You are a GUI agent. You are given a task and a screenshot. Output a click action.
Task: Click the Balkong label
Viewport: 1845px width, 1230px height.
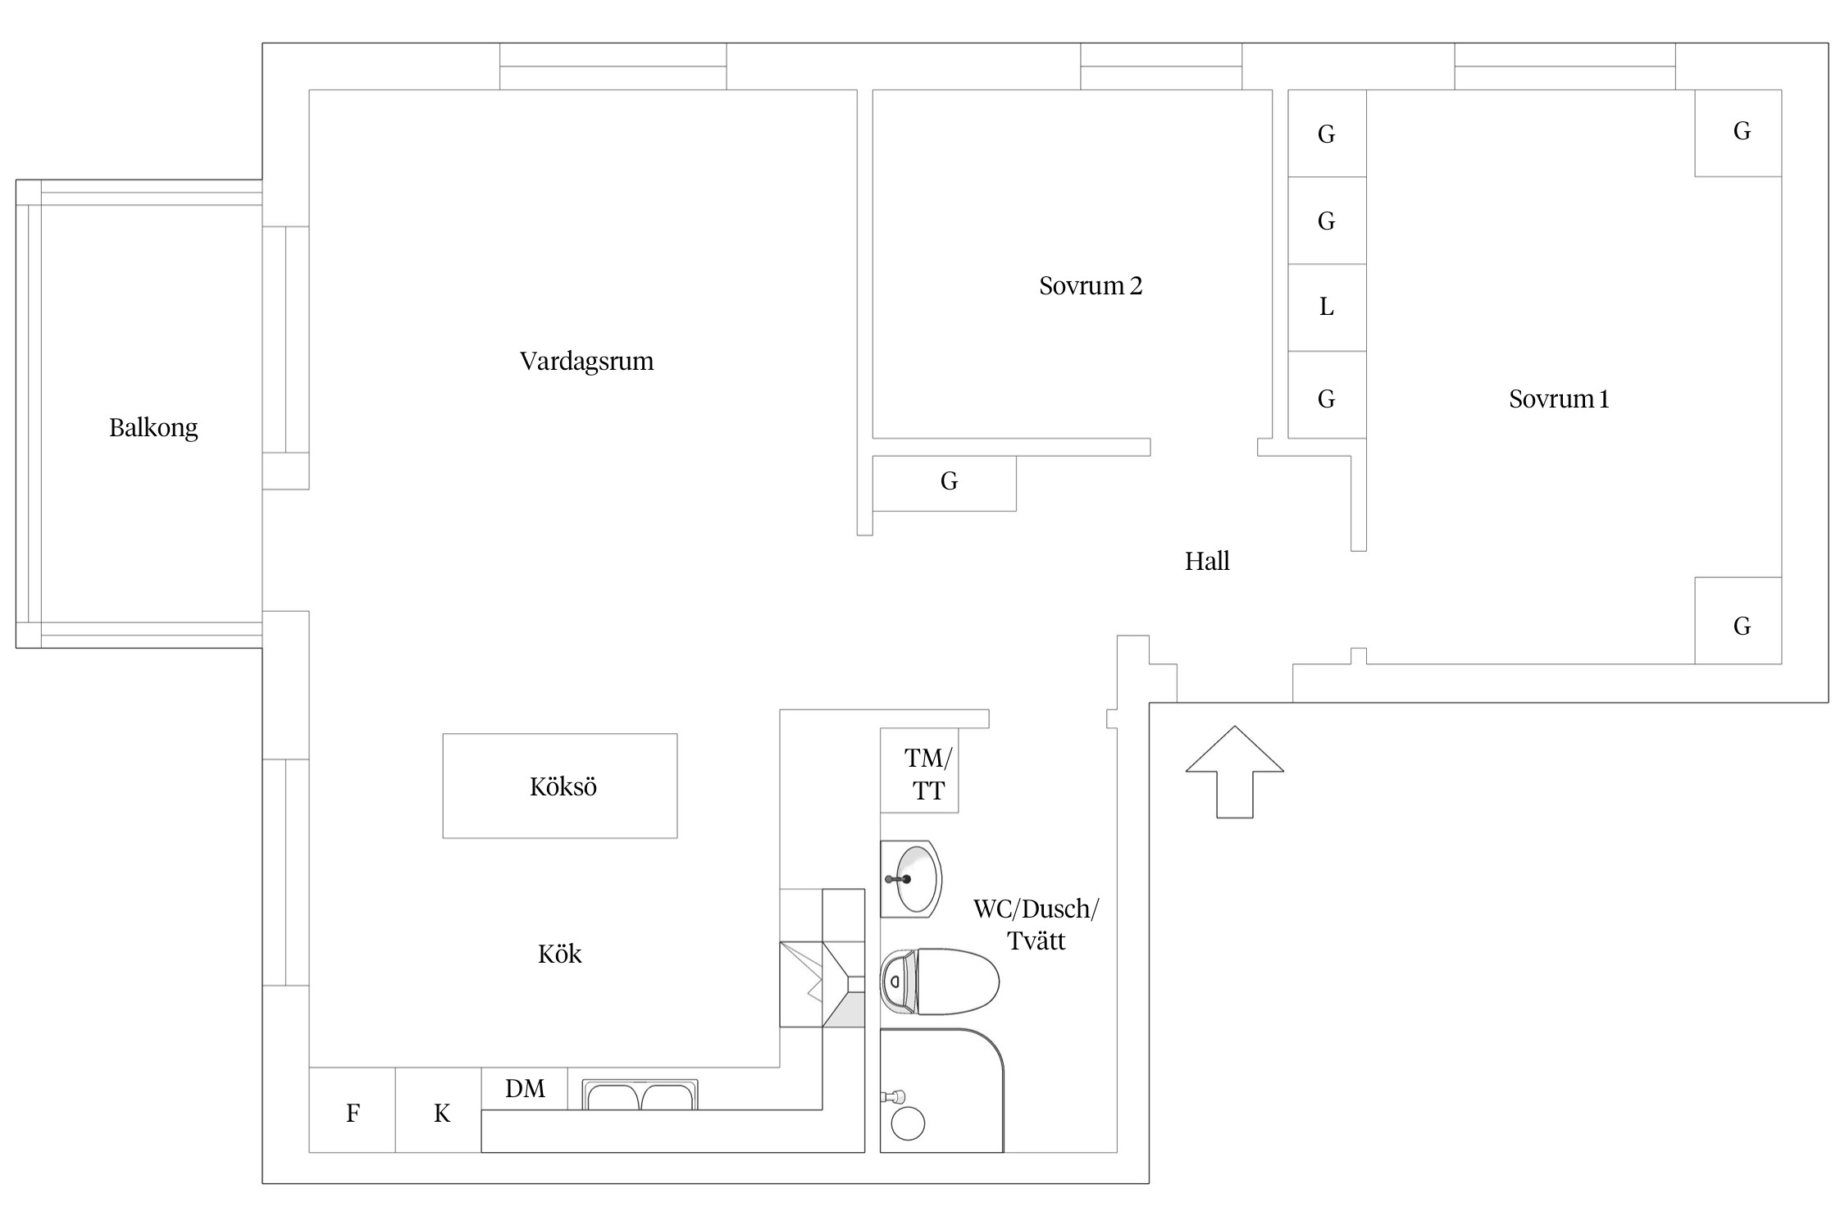point(153,428)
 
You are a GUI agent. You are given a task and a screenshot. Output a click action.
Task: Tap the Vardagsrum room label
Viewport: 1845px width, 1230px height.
point(587,362)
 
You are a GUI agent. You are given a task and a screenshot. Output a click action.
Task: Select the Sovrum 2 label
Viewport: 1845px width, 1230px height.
point(1091,286)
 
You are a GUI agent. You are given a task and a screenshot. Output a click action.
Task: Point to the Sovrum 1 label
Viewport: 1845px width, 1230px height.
point(1559,399)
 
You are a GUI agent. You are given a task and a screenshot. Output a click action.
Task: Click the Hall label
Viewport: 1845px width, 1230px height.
point(1207,562)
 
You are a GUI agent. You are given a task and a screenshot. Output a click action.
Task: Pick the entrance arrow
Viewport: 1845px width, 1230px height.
point(1235,772)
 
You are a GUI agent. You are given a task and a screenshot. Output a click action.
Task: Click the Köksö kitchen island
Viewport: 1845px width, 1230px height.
point(560,786)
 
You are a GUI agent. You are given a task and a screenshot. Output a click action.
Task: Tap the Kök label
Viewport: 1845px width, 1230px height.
point(560,954)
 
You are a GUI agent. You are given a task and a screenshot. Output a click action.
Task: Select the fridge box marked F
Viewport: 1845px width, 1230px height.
point(353,1110)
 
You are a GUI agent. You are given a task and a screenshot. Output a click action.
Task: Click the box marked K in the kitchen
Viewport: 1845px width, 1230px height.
point(439,1110)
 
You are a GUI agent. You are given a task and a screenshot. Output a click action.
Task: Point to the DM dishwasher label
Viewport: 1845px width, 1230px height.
point(525,1089)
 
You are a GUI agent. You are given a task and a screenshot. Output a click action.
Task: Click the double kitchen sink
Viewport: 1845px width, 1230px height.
point(640,1095)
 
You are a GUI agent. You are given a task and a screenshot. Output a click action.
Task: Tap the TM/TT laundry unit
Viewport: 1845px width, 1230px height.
point(919,771)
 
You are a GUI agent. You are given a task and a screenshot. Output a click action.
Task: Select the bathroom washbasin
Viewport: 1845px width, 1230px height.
point(911,879)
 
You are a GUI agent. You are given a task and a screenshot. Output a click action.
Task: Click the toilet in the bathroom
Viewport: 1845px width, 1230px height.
point(941,982)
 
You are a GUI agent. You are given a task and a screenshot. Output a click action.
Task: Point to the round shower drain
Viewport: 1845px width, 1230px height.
point(908,1123)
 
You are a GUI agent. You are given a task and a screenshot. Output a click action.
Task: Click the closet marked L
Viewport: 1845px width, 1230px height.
point(1328,307)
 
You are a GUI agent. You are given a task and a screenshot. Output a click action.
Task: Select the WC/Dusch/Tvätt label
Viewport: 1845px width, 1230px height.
point(1036,925)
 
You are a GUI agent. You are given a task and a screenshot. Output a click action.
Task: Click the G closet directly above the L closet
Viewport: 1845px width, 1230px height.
point(1328,221)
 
